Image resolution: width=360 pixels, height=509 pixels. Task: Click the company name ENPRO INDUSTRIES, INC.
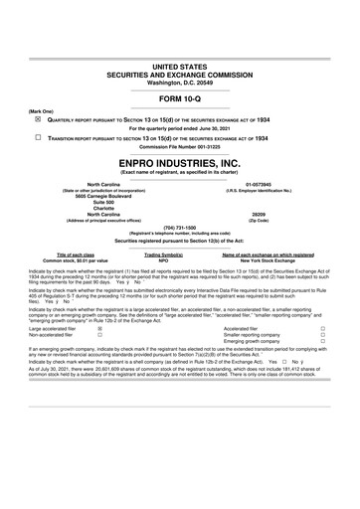180,160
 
